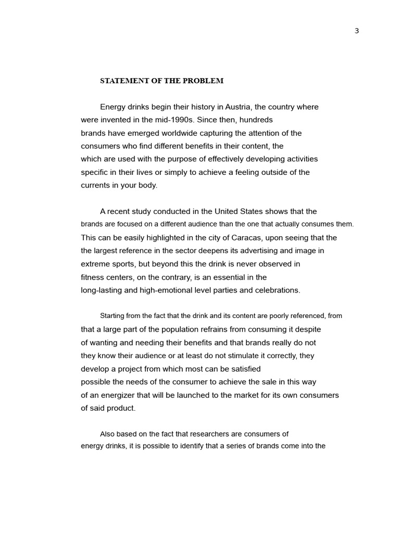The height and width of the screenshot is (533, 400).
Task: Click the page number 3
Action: [357, 31]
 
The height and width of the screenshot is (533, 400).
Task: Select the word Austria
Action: [239, 107]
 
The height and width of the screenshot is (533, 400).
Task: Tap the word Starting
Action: [113, 316]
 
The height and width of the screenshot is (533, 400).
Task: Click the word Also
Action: [107, 434]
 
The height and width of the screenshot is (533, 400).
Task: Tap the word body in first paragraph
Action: [147, 185]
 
